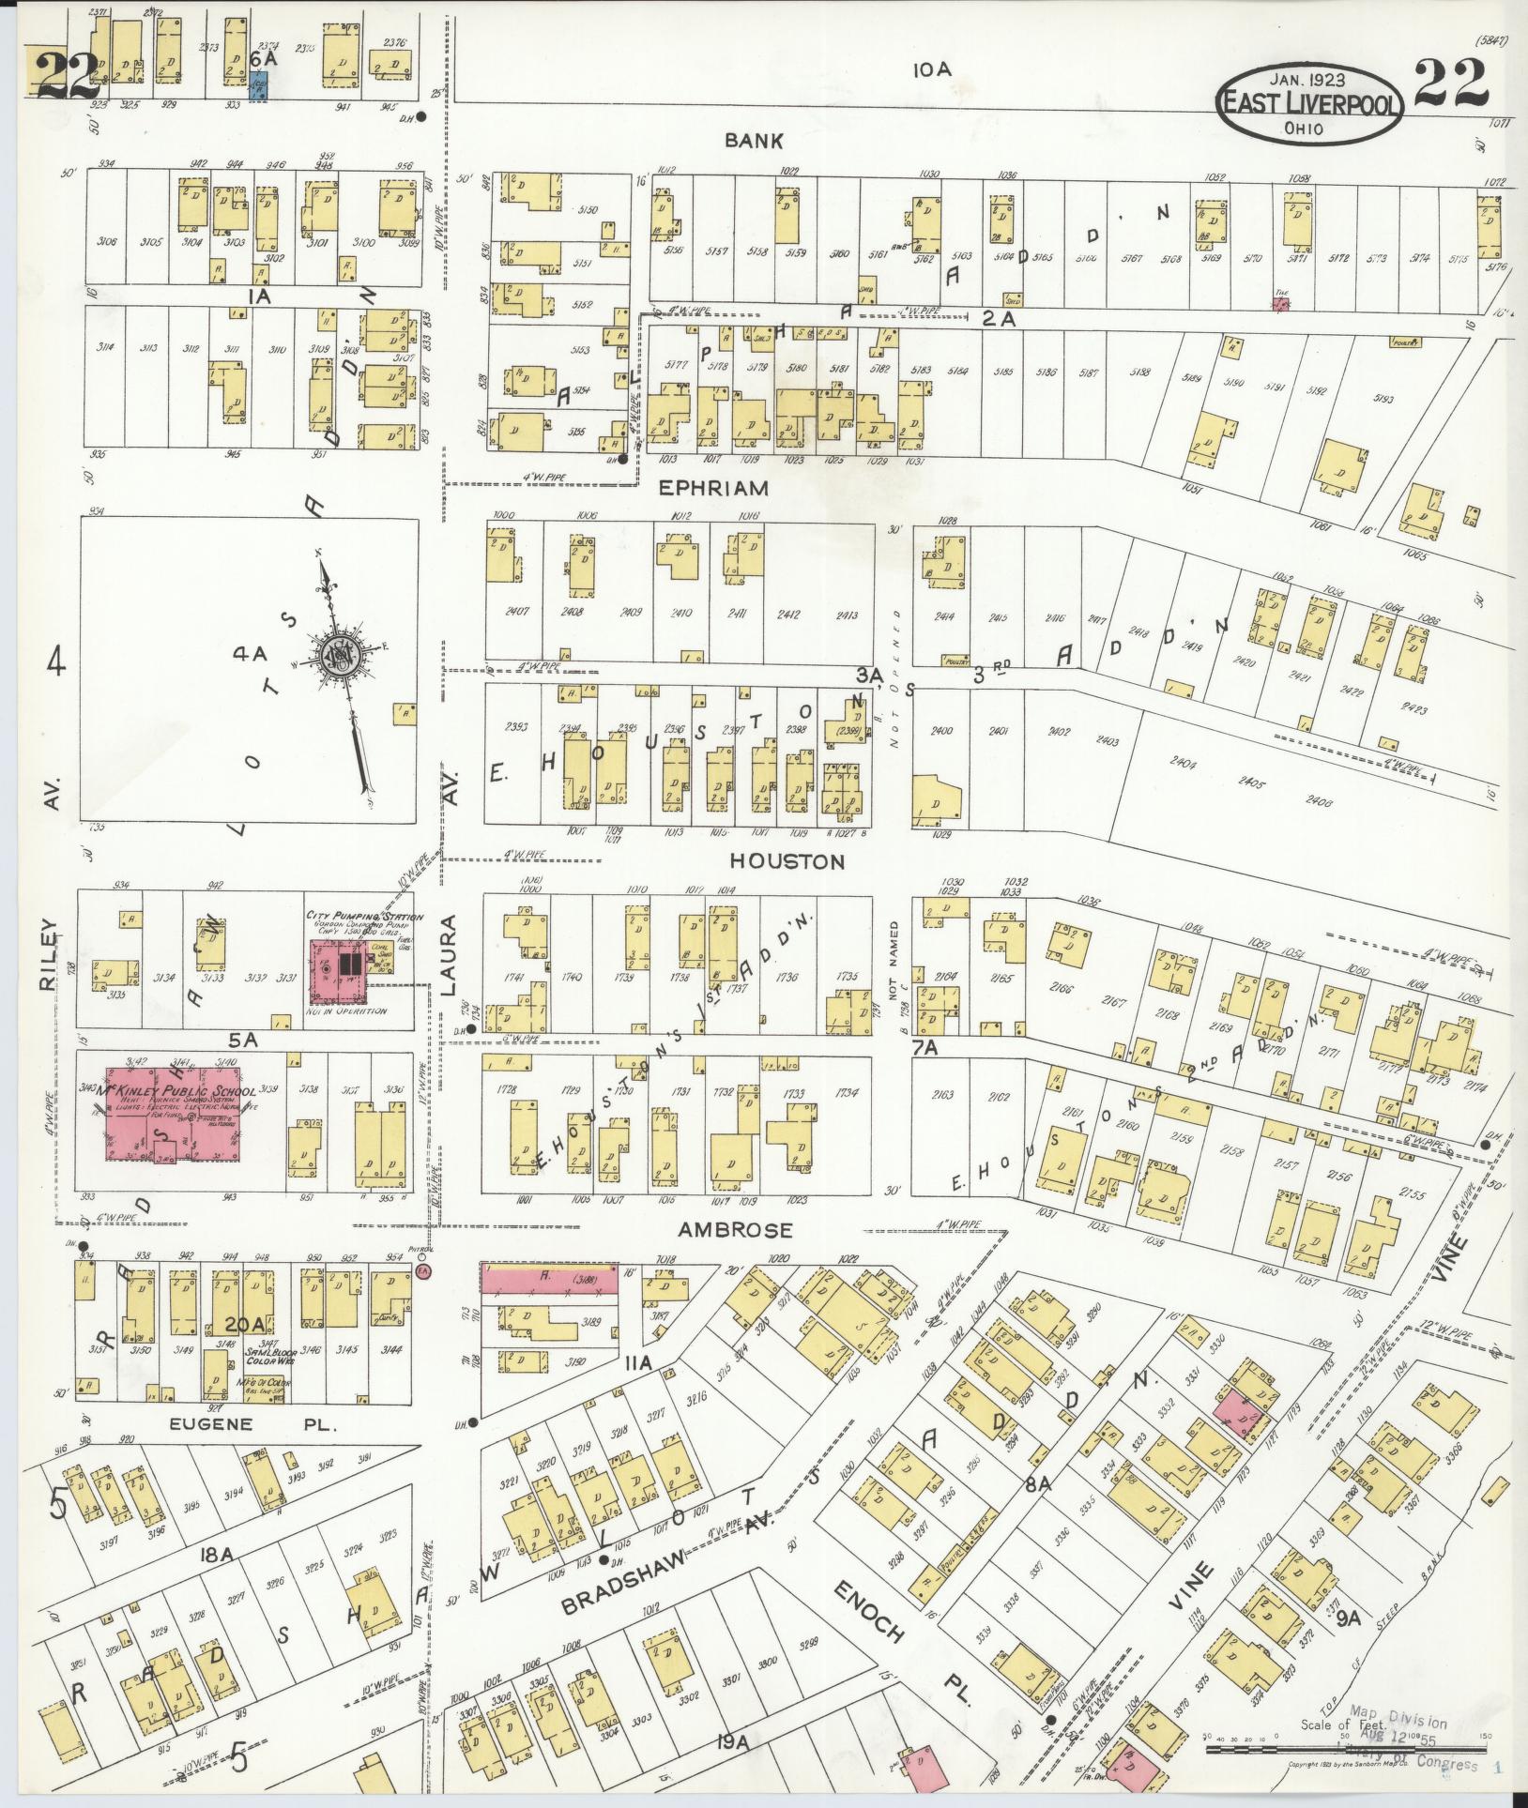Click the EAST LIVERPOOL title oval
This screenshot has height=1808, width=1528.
tap(1309, 103)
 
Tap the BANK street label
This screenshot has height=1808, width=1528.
tap(754, 141)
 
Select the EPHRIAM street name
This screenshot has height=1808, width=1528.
tap(714, 488)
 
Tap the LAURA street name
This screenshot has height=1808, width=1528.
tap(450, 955)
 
